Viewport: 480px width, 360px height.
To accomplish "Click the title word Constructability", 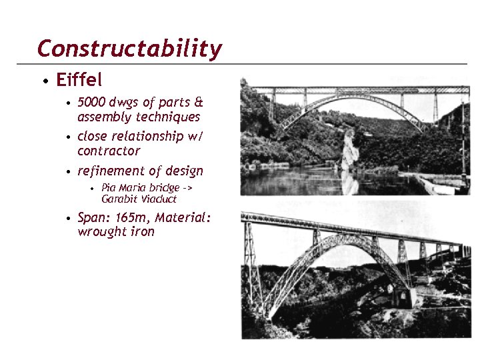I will (x=129, y=49).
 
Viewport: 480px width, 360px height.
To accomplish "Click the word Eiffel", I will (x=79, y=81).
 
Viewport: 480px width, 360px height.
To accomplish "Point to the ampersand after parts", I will (x=198, y=103).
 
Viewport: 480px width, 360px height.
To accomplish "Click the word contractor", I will (x=109, y=151).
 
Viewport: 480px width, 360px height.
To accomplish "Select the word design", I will (x=183, y=171).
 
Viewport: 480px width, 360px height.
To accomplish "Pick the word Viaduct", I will (x=159, y=199).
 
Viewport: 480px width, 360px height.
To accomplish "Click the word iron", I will (x=142, y=232).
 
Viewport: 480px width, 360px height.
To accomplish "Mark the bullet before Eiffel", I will (x=44, y=82).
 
